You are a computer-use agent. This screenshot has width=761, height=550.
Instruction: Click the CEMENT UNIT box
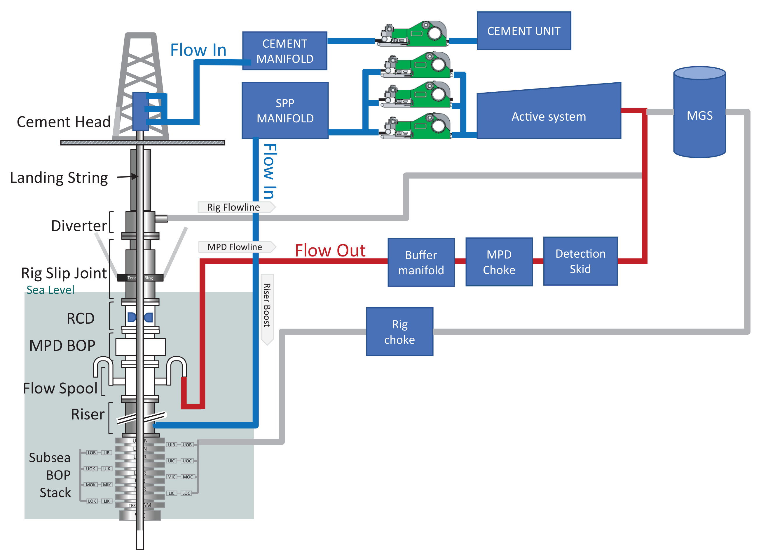point(523,31)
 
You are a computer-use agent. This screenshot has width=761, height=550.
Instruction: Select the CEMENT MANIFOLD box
point(284,51)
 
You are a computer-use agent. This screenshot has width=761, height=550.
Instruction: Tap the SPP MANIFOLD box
point(284,110)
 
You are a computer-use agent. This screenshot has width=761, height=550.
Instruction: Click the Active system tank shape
point(548,116)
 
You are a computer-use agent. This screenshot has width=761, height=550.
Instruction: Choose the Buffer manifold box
point(421,262)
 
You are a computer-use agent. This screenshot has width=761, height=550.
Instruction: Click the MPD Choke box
point(499,262)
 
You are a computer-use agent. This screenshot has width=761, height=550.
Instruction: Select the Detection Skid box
point(580,261)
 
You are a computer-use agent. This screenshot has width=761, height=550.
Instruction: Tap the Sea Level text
point(50,290)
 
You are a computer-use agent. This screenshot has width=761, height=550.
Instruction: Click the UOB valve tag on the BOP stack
point(187,445)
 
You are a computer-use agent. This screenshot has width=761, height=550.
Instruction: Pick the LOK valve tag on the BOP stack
point(92,501)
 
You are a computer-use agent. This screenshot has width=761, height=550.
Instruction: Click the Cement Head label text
point(63,122)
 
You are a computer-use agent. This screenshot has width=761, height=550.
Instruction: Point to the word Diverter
point(78,226)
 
